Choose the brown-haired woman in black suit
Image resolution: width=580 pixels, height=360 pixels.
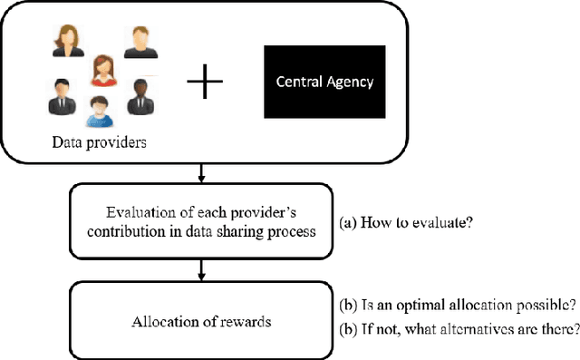coord(65,40)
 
